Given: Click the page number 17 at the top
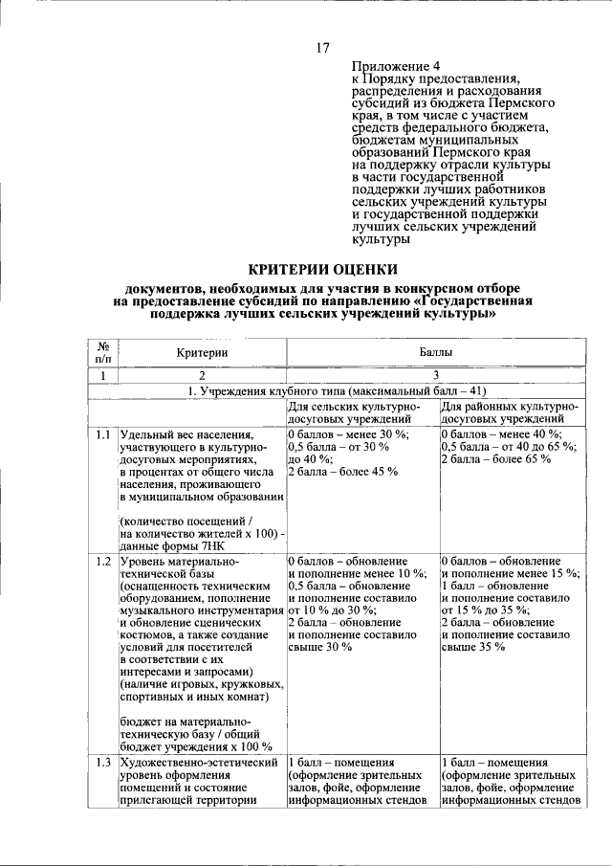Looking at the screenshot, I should [322, 48].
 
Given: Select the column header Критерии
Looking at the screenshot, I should [201, 353].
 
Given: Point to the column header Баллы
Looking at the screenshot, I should [435, 353].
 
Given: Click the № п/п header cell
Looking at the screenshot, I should [101, 353].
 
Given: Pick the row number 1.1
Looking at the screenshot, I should [102, 434].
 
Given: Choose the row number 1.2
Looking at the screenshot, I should [102, 560].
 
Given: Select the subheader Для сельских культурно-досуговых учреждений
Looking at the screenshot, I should [356, 412].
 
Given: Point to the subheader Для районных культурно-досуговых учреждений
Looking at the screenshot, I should [510, 412].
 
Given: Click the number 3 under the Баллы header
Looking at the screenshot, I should [435, 376].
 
